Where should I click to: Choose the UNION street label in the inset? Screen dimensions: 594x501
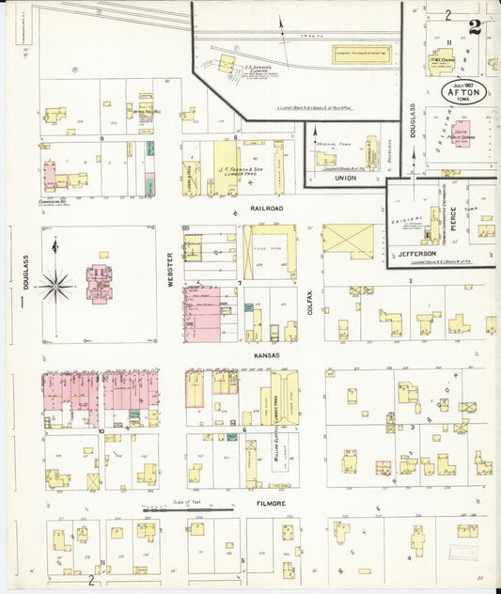[345, 178]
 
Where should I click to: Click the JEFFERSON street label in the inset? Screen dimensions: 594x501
[417, 253]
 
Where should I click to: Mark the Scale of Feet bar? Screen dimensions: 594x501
[188, 508]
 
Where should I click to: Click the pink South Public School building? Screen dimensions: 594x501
[461, 136]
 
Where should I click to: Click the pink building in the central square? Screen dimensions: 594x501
[99, 284]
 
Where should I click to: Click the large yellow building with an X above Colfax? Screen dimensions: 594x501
[348, 242]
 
